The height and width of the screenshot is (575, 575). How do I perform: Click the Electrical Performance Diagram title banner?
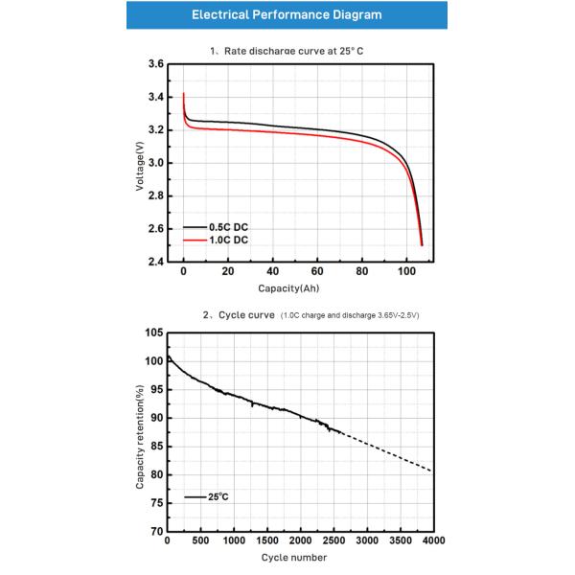[287, 15]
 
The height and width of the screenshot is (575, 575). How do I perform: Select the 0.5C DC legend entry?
[222, 227]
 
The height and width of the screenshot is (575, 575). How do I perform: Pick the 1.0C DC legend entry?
[222, 241]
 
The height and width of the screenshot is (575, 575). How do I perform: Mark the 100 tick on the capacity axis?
[406, 271]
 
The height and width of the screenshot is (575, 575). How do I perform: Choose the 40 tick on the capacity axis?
[273, 271]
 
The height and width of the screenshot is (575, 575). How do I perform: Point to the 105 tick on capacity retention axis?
[152, 333]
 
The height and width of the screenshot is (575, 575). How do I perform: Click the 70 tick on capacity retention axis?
[155, 531]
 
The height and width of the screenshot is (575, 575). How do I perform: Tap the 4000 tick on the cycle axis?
[433, 541]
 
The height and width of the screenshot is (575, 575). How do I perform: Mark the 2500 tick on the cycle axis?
[333, 541]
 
